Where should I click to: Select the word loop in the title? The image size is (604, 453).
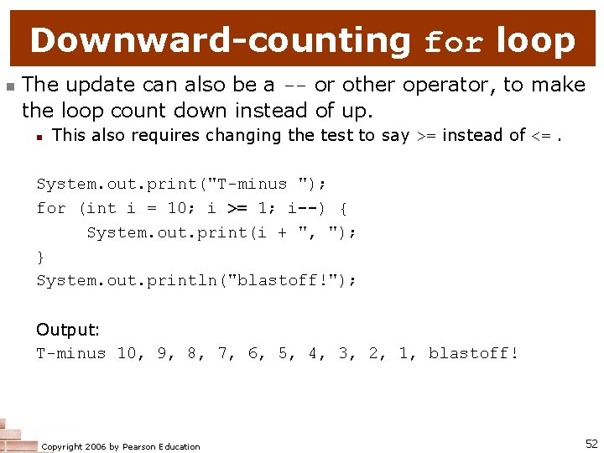pos(535,39)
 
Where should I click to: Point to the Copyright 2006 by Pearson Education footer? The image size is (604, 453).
pos(121,446)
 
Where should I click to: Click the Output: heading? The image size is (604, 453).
pos(68,330)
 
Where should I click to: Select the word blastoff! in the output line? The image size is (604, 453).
pos(474,353)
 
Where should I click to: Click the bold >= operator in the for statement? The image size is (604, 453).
pos(237,207)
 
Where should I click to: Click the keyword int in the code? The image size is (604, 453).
pos(102,207)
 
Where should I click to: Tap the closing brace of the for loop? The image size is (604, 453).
pos(41,257)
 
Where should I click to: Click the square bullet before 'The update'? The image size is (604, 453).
pos(8,86)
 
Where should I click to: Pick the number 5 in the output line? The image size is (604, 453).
pos(284,353)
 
